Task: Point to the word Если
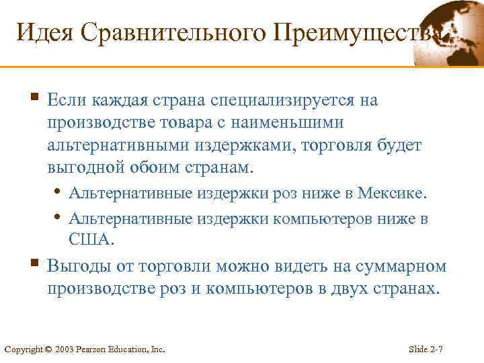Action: pos(65,100)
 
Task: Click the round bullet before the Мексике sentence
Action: pos(61,194)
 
